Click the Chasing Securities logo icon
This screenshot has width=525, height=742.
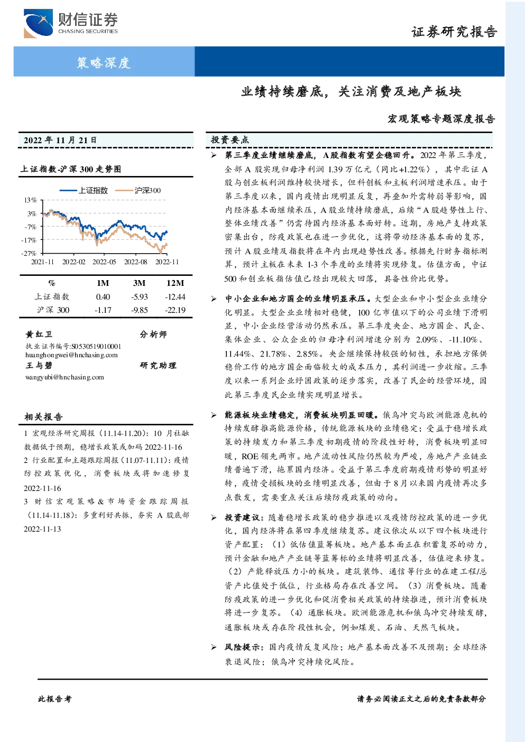[38, 24]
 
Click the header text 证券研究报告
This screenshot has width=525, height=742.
[454, 32]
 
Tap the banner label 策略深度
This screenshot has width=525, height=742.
[104, 62]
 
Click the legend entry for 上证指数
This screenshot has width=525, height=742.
[84, 190]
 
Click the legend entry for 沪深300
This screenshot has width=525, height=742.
[138, 190]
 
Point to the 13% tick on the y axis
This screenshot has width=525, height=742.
[30, 200]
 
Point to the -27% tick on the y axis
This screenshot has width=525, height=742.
[29, 253]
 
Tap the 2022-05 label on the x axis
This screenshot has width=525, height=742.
[104, 262]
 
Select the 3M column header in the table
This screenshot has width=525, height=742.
[139, 283]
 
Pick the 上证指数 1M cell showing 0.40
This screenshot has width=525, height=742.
[103, 297]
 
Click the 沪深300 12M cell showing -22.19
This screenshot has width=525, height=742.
[176, 310]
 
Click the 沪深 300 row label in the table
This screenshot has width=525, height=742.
[53, 310]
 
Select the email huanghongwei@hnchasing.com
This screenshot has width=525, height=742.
[71, 355]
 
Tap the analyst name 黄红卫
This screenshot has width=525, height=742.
[39, 334]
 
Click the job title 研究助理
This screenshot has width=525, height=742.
[158, 365]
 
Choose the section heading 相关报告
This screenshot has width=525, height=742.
[43, 416]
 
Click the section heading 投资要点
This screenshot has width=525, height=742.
[230, 140]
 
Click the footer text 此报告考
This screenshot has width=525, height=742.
[55, 699]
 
